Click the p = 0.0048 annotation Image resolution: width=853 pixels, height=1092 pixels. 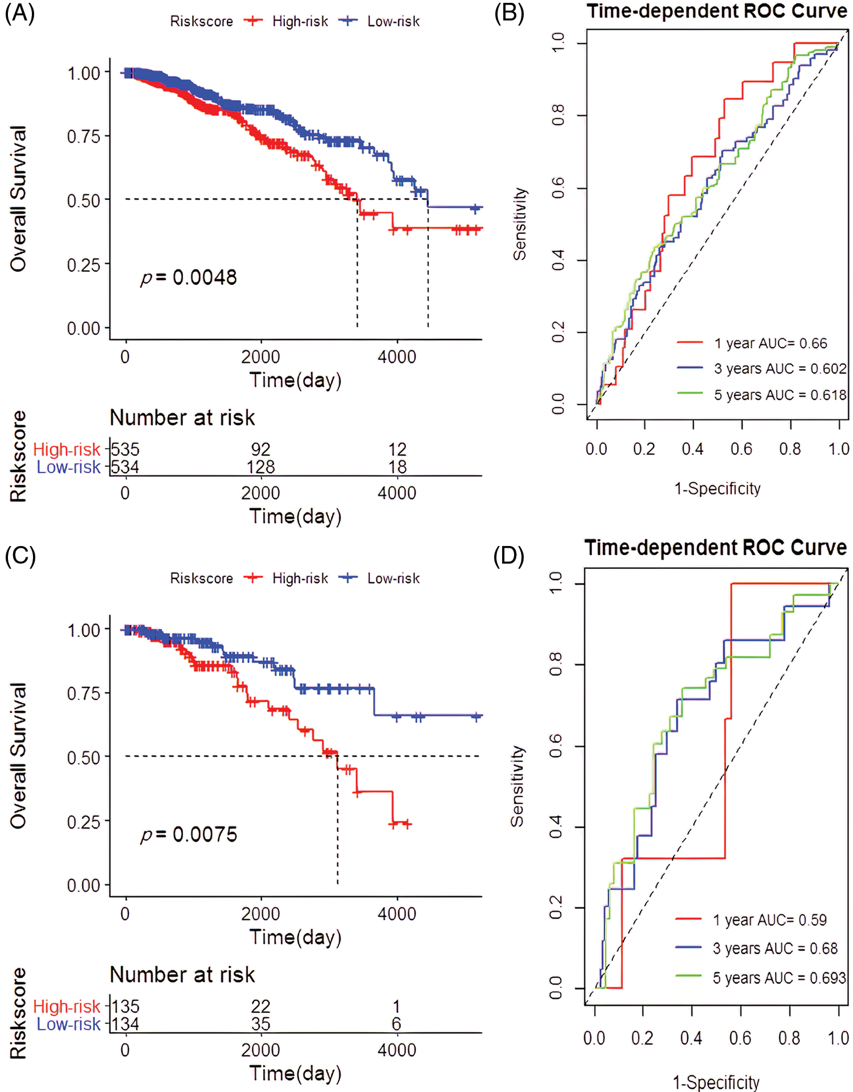189,278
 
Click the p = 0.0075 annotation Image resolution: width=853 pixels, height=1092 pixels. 189,834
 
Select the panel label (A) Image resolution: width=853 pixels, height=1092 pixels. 20,13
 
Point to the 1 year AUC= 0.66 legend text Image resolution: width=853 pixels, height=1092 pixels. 771,344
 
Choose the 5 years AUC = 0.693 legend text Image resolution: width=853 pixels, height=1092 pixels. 779,978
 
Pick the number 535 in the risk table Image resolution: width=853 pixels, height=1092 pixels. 125,449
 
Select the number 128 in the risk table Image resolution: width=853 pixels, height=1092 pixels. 260,467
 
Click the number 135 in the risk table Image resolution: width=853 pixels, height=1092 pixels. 125,1006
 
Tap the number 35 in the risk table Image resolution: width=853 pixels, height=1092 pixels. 260,1024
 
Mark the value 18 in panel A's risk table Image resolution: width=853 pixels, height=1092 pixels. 397,467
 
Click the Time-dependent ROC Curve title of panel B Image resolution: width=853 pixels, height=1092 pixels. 717,11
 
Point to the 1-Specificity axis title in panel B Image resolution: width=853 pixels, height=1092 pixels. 717,489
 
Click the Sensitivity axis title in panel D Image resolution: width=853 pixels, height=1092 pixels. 517,786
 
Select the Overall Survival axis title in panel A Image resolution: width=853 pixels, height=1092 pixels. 18,198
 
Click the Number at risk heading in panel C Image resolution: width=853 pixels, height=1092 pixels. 182,974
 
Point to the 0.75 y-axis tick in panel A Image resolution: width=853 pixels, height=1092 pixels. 84,136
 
